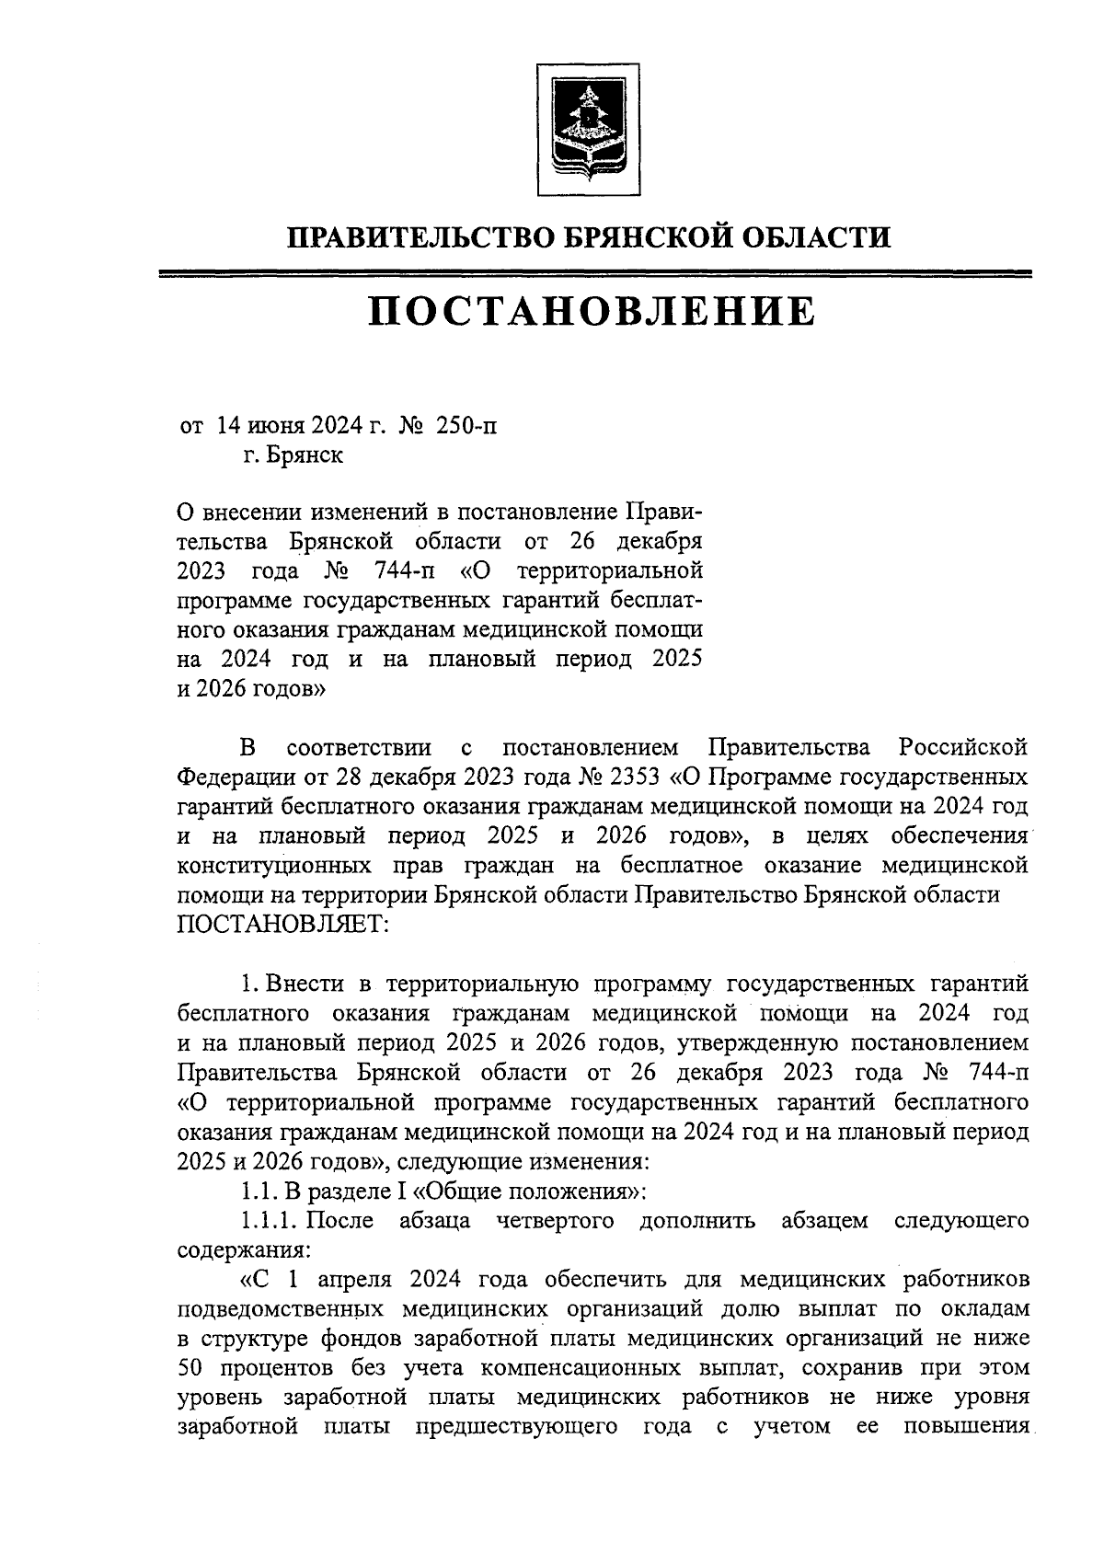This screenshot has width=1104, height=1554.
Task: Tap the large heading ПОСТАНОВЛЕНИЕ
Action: pyautogui.click(x=592, y=312)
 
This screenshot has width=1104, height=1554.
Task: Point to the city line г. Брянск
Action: pyautogui.click(x=293, y=455)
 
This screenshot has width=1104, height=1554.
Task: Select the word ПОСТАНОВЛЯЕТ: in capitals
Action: pyautogui.click(x=283, y=923)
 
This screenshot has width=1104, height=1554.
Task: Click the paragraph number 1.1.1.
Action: pyautogui.click(x=269, y=1221)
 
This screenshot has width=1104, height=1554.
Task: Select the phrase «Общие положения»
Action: pyautogui.click(x=523, y=1191)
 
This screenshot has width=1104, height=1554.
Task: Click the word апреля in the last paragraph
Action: pyautogui.click(x=355, y=1280)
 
